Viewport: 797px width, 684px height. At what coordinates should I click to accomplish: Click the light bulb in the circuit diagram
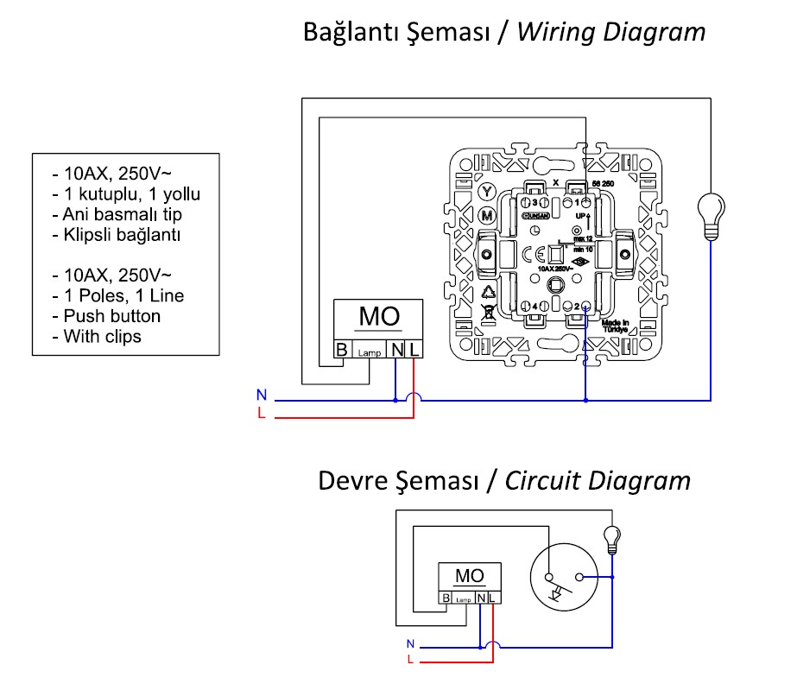click(612, 537)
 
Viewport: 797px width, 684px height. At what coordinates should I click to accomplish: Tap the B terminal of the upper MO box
click(343, 350)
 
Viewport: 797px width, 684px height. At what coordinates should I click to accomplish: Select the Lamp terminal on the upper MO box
click(371, 351)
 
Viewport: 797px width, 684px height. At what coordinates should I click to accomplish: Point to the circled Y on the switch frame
click(487, 191)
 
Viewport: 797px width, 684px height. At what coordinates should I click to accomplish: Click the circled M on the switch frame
click(487, 214)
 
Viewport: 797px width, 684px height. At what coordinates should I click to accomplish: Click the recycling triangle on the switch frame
click(488, 292)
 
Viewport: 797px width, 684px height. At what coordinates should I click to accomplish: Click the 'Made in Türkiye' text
click(616, 326)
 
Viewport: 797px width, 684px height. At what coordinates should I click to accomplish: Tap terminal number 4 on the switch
click(536, 307)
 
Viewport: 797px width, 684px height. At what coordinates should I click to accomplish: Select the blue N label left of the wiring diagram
click(261, 395)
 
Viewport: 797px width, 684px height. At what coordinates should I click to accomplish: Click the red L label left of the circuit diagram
click(411, 660)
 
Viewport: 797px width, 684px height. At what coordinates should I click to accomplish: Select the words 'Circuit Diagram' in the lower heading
click(598, 480)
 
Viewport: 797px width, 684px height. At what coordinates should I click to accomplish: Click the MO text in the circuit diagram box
click(469, 576)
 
